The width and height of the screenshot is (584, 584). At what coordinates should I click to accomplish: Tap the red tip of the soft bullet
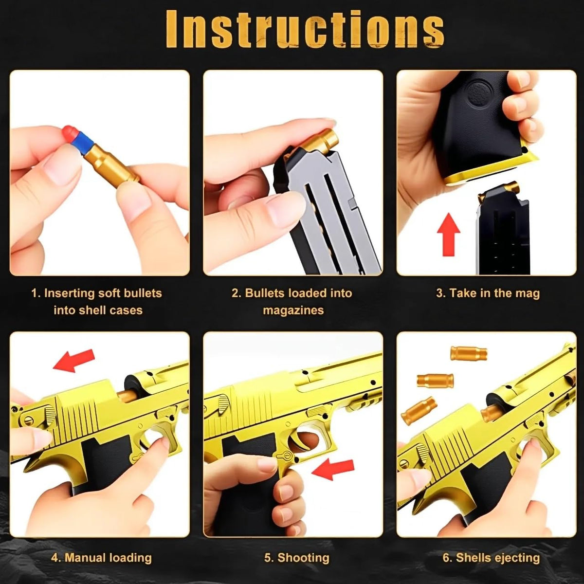pos(69,132)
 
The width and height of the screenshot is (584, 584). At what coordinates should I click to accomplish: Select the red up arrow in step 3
pos(449,234)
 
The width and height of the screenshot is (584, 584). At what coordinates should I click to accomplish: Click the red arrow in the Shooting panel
pos(332,470)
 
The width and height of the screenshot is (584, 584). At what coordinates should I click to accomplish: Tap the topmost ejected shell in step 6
pos(469,353)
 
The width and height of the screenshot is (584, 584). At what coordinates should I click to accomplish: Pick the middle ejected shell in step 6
pos(435,380)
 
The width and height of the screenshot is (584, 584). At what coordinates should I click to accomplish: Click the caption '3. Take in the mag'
pos(488,293)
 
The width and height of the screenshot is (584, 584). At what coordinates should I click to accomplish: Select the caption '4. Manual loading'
pos(101,558)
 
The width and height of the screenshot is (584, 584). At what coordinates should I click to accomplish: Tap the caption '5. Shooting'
pos(296,558)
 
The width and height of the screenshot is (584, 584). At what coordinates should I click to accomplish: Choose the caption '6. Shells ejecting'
pos(491,558)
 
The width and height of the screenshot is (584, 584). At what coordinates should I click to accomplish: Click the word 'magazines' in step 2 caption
pos(293,310)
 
